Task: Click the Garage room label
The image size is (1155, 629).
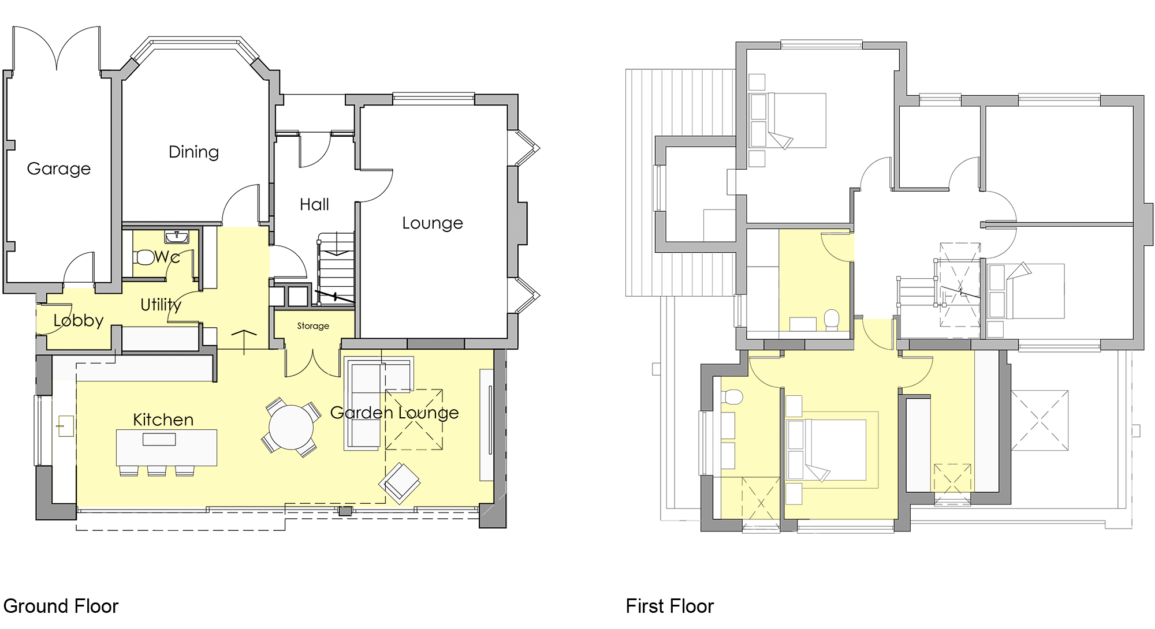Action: (x=59, y=169)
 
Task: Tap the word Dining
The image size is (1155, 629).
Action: (x=193, y=152)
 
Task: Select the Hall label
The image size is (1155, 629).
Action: (x=314, y=204)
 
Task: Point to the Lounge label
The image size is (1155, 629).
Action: (x=433, y=223)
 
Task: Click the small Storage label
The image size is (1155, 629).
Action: (x=313, y=326)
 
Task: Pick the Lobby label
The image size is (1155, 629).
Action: (x=79, y=320)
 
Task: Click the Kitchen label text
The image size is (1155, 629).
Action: (x=163, y=420)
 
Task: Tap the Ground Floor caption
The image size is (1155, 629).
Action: (x=61, y=606)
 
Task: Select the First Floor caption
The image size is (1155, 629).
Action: (x=669, y=606)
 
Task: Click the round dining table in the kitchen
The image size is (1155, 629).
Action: (x=291, y=427)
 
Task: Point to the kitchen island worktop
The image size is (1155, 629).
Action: (x=166, y=447)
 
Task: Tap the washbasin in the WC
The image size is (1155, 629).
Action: (x=176, y=237)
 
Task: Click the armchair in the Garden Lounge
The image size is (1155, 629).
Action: (x=400, y=482)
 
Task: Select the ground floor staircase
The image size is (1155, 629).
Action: (x=336, y=268)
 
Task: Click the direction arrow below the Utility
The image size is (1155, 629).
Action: (x=244, y=340)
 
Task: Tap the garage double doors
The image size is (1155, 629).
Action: (x=57, y=49)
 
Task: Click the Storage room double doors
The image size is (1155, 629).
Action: (x=312, y=364)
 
